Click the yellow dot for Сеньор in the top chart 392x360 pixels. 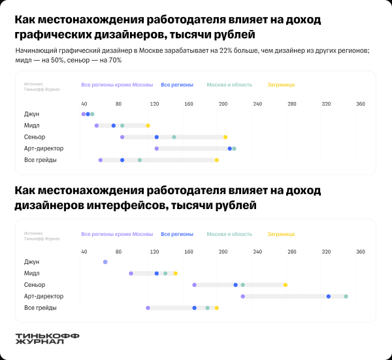(x=225, y=137)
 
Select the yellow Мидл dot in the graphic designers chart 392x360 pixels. (x=148, y=125)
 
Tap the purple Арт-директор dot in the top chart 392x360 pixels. (x=157, y=148)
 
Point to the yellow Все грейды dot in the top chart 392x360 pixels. (x=217, y=159)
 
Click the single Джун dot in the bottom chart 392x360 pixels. (x=105, y=262)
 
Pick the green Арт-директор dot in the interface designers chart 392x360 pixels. (x=346, y=296)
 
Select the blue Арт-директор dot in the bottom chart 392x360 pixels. (x=329, y=296)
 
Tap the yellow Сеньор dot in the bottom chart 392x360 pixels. (x=286, y=285)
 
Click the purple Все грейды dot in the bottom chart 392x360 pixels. (x=148, y=308)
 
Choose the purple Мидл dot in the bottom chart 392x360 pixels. (x=131, y=273)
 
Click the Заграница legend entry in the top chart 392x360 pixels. (x=281, y=85)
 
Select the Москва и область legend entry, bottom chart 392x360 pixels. (x=229, y=233)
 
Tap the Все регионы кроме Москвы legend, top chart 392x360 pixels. (x=117, y=85)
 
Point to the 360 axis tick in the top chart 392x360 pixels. (x=360, y=104)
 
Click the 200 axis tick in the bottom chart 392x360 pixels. (x=223, y=252)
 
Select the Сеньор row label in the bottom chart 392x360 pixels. (x=35, y=285)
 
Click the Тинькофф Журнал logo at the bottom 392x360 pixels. (x=47, y=338)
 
